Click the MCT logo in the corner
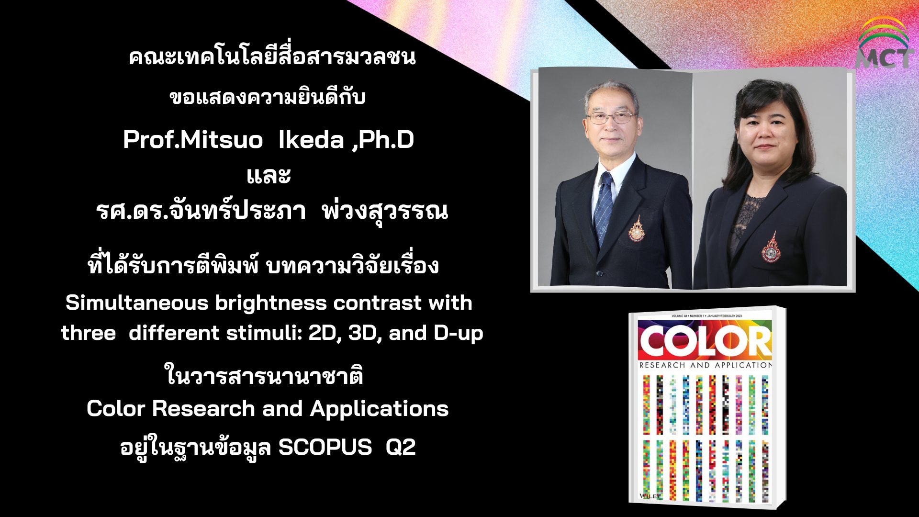point(883,43)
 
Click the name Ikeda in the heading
point(311,140)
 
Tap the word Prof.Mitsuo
point(193,140)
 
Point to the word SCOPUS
point(325,447)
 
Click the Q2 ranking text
point(401,448)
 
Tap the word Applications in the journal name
point(379,409)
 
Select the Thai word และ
point(269,176)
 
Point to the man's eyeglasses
point(611,117)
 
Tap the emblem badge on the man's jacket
point(637,229)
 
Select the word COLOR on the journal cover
point(705,342)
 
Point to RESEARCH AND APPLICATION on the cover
point(706,365)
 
